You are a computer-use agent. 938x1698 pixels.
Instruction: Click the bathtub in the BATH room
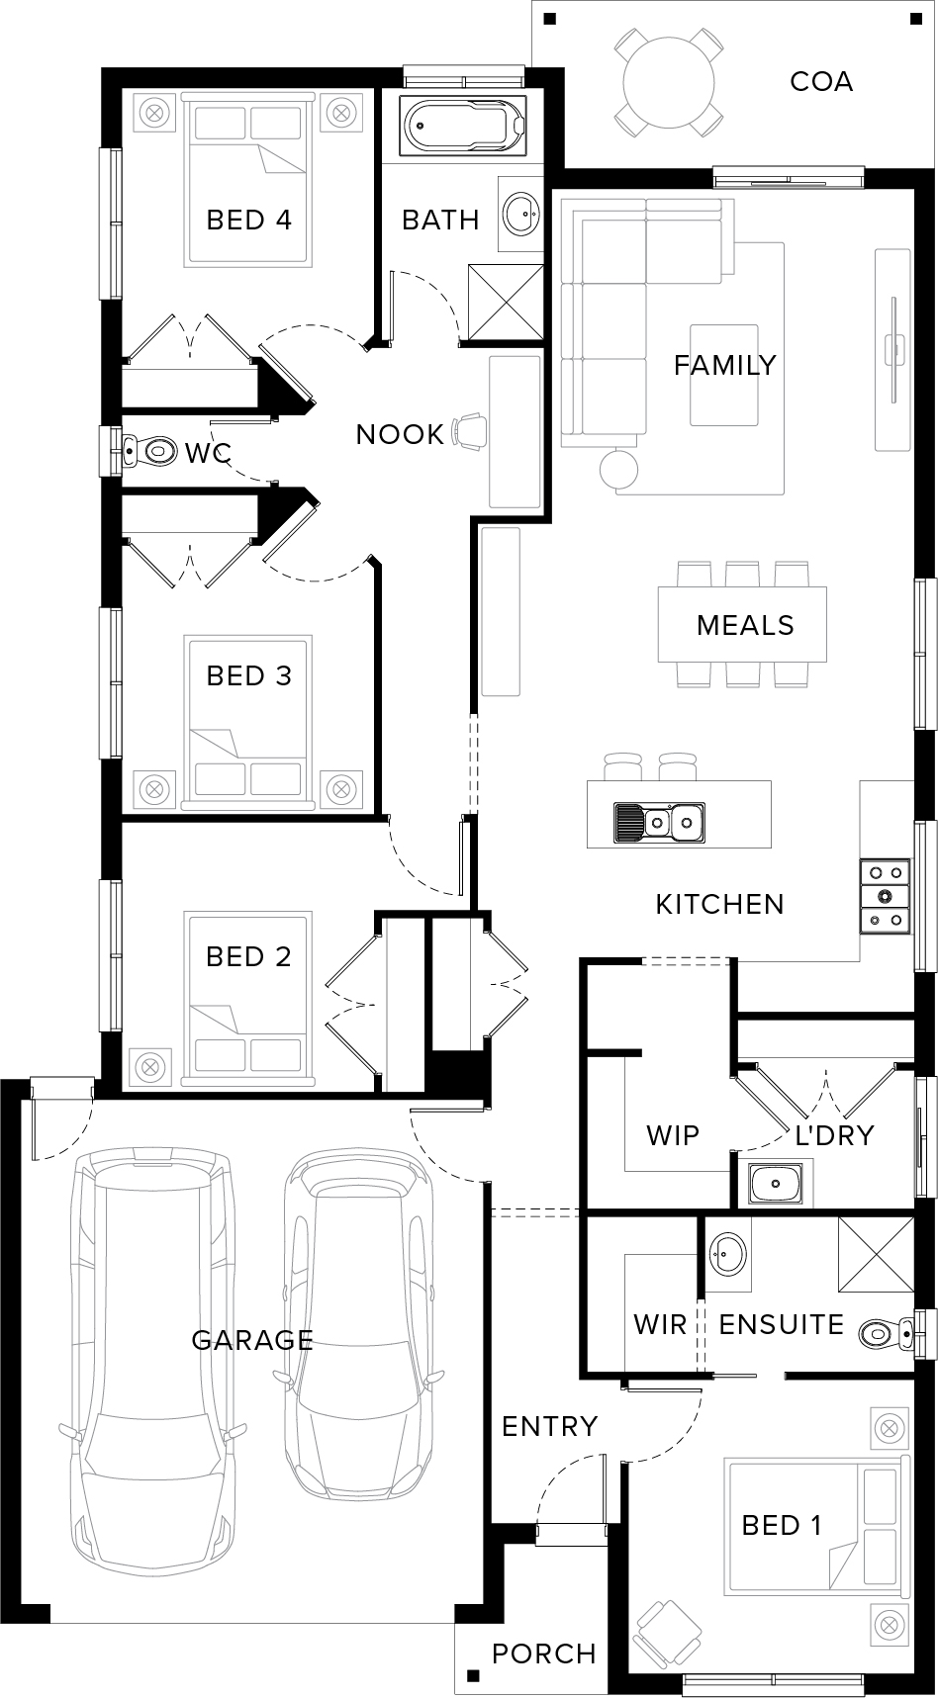tap(465, 126)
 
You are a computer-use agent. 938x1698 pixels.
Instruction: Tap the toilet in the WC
tap(145, 451)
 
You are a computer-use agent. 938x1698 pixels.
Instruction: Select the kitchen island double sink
tap(659, 820)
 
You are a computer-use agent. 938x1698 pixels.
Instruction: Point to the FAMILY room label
tap(725, 365)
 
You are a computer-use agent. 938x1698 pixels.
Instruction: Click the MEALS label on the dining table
tap(745, 625)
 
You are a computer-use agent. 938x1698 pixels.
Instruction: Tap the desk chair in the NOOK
tap(470, 430)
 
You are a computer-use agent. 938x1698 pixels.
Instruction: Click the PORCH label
tap(544, 1653)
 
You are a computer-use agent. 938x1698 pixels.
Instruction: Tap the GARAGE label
tap(252, 1340)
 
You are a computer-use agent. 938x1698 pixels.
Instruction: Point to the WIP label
tap(673, 1135)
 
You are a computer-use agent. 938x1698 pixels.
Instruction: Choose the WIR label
tap(660, 1324)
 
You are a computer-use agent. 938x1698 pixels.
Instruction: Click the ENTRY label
tap(550, 1426)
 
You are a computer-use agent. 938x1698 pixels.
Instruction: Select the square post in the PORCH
tap(474, 1675)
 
